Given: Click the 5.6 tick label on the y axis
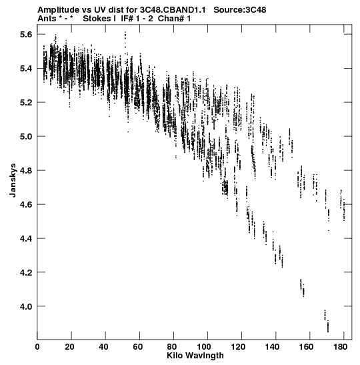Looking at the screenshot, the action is [x=26, y=35].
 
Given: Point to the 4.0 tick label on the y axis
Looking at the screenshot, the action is [x=26, y=306].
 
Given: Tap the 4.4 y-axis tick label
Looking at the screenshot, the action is [x=26, y=239].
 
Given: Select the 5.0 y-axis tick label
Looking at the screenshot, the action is [x=26, y=137].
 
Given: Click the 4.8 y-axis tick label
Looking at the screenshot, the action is [x=26, y=171].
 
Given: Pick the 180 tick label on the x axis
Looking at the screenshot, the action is [x=340, y=347].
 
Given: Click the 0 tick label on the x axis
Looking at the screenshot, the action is [x=37, y=347].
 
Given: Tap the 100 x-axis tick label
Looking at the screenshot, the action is [x=204, y=347].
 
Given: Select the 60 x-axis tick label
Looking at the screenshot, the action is [x=138, y=347].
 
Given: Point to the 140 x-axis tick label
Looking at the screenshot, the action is [x=272, y=347].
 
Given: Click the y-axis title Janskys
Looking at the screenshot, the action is [x=13, y=180].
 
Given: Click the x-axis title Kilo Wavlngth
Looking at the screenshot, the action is [x=195, y=356].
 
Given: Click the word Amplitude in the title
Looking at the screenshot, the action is [x=59, y=10].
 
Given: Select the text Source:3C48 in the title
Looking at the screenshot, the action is [x=240, y=10].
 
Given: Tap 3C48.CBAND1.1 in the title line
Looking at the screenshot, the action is [x=173, y=10].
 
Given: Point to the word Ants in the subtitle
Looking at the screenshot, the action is [x=47, y=19].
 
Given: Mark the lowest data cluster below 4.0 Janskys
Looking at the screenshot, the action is [x=327, y=322].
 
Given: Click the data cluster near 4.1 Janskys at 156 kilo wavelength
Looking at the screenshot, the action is [x=302, y=288].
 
